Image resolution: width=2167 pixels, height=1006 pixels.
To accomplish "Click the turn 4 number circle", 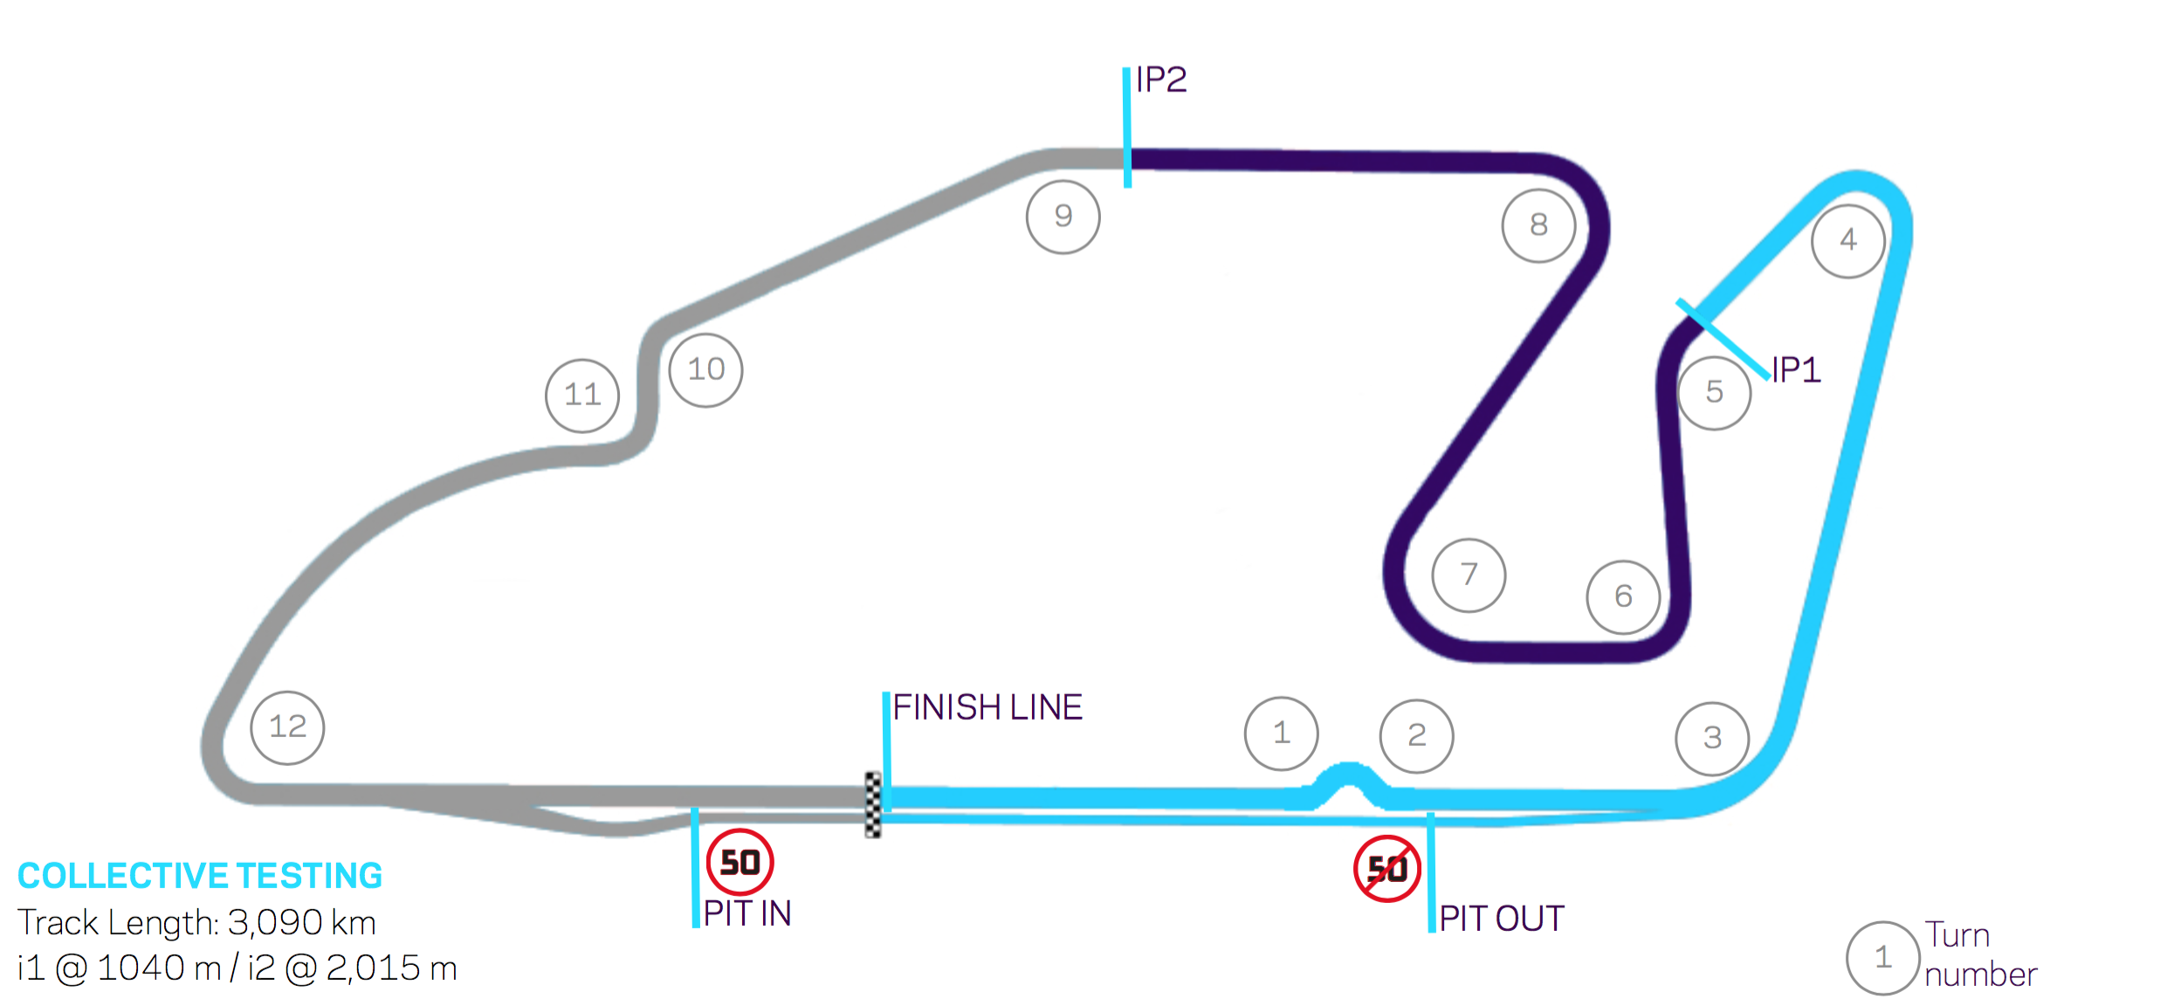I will pyautogui.click(x=1847, y=241).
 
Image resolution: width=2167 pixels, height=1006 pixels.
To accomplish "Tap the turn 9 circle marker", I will pyautogui.click(x=1063, y=217).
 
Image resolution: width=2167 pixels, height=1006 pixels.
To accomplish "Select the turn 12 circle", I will pyautogui.click(x=287, y=727).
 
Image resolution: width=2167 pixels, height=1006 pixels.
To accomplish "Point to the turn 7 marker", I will pyautogui.click(x=1469, y=575).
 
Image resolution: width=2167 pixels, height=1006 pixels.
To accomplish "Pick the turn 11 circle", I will pyautogui.click(x=582, y=396).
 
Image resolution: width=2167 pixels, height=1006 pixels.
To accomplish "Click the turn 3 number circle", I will pyautogui.click(x=1712, y=739).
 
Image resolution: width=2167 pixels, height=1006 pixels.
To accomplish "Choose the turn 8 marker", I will pyautogui.click(x=1538, y=225).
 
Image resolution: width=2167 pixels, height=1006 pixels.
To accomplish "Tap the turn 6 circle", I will pyautogui.click(x=1623, y=597).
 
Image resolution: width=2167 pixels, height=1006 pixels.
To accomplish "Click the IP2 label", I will pyautogui.click(x=1161, y=80).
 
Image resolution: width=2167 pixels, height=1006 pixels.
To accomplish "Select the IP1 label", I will pyautogui.click(x=1796, y=370).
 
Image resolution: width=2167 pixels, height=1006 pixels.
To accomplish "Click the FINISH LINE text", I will pyautogui.click(x=987, y=707).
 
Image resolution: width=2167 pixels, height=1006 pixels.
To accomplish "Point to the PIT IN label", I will pyautogui.click(x=747, y=913).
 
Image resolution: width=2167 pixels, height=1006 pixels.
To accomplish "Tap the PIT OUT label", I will pyautogui.click(x=1502, y=919).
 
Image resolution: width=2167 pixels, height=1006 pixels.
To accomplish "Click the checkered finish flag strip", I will pyautogui.click(x=873, y=804).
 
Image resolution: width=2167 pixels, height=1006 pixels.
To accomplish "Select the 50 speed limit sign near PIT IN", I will pyautogui.click(x=740, y=863).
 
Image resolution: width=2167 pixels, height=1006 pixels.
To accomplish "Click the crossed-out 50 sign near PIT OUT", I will pyautogui.click(x=1386, y=869).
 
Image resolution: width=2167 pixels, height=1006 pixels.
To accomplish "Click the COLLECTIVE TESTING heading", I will pyautogui.click(x=200, y=876).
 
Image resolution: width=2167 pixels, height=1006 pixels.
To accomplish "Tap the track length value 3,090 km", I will pyautogui.click(x=301, y=922).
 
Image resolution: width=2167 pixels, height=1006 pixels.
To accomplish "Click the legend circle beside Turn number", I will pyautogui.click(x=1882, y=958).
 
